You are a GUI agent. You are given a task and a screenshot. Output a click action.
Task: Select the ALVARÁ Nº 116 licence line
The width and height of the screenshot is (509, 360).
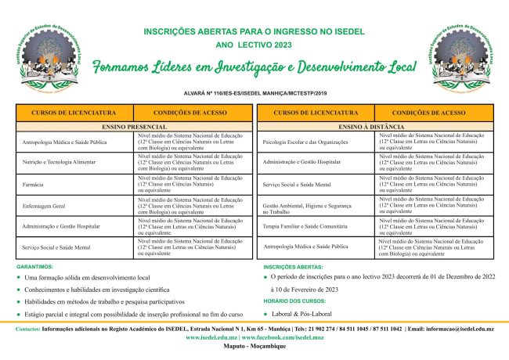(x=254, y=92)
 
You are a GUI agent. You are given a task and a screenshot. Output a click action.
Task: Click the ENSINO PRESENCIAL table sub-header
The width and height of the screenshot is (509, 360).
(x=135, y=126)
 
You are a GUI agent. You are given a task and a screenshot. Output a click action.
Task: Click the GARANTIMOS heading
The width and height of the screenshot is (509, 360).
(x=34, y=267)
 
